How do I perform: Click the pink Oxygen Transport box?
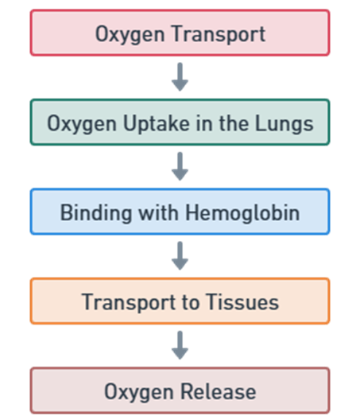click(180, 33)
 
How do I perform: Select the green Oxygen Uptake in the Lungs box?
click(180, 123)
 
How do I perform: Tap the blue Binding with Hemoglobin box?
click(180, 212)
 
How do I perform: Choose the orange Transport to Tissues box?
click(180, 302)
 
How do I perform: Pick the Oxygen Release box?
click(180, 391)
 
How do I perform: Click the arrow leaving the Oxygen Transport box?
click(180, 78)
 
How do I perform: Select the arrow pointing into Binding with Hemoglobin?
click(180, 167)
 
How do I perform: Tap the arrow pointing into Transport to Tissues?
click(180, 257)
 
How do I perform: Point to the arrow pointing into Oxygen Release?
click(180, 346)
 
